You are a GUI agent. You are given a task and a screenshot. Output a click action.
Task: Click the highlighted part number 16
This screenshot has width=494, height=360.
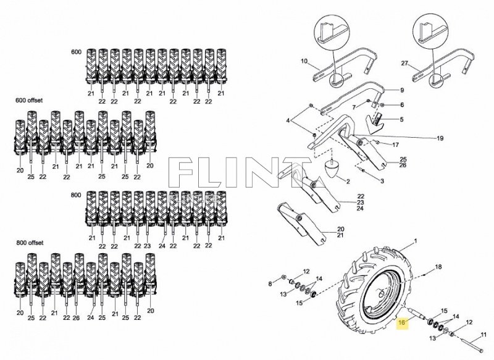pos(403,322)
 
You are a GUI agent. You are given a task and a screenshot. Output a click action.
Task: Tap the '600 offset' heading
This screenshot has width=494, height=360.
pos(21,100)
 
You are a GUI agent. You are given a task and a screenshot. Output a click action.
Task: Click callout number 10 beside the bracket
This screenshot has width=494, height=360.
pos(304,61)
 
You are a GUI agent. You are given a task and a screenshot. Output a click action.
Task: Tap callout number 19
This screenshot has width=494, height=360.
pos(440,138)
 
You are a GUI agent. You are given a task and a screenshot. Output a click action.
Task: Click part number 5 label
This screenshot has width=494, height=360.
pos(401,119)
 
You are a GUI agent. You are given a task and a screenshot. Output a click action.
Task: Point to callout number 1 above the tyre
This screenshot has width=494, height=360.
pos(416,240)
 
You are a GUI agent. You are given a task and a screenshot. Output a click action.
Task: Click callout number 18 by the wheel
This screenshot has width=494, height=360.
pos(438,267)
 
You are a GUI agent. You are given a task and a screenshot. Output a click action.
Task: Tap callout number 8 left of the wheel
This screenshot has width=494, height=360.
pos(270,283)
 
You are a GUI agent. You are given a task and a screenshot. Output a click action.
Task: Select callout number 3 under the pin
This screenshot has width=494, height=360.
pos(382,181)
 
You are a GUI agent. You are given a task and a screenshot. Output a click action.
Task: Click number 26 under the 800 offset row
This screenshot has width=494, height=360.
pos(75,319)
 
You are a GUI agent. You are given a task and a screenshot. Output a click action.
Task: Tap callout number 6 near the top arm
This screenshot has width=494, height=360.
pos(401,105)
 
